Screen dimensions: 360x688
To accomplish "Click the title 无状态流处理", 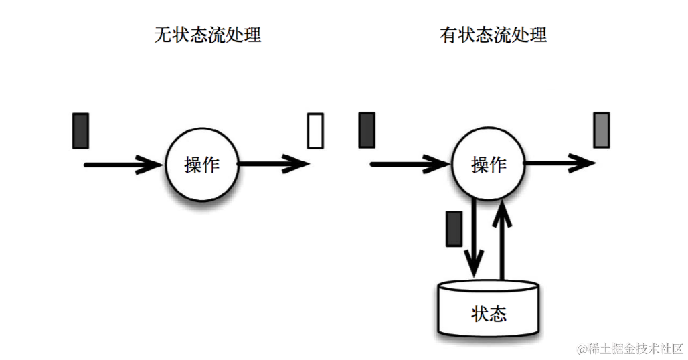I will [x=207, y=35].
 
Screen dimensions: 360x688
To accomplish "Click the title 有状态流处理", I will [x=493, y=35].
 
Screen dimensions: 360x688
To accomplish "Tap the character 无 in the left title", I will [x=163, y=35].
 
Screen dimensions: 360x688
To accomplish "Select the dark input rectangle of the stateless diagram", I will [x=80, y=130].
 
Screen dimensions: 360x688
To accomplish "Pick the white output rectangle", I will [x=315, y=130].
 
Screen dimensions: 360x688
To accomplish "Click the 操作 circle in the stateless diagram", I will [x=201, y=164].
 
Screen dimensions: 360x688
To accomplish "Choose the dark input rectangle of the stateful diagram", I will [x=367, y=130].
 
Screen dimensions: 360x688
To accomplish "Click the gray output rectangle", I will [x=602, y=130].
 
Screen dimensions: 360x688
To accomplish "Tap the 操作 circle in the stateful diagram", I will [x=489, y=164].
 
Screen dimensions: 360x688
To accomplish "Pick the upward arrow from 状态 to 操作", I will [x=502, y=241].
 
